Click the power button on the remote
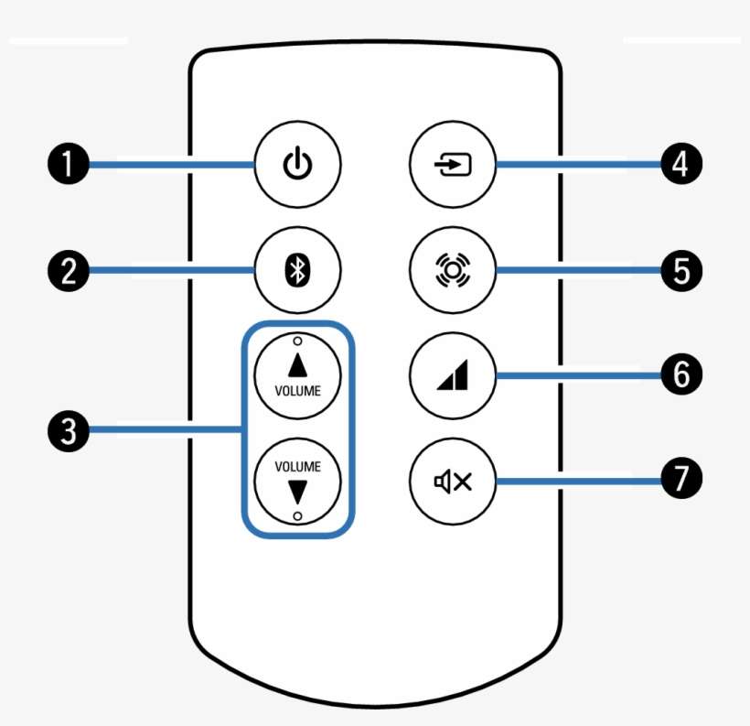pyautogui.click(x=297, y=166)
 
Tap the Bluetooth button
pyautogui.click(x=297, y=271)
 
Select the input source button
pyautogui.click(x=453, y=166)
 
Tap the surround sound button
pyautogui.click(x=453, y=271)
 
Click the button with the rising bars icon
pyautogui.click(x=453, y=374)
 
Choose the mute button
pyautogui.click(x=453, y=481)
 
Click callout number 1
pyautogui.click(x=68, y=166)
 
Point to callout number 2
pyautogui.click(x=68, y=271)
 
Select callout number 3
pyautogui.click(x=68, y=428)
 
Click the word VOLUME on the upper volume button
pyautogui.click(x=298, y=389)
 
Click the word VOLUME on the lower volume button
pyautogui.click(x=298, y=466)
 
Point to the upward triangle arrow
pyautogui.click(x=298, y=365)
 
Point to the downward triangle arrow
pyautogui.click(x=298, y=492)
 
